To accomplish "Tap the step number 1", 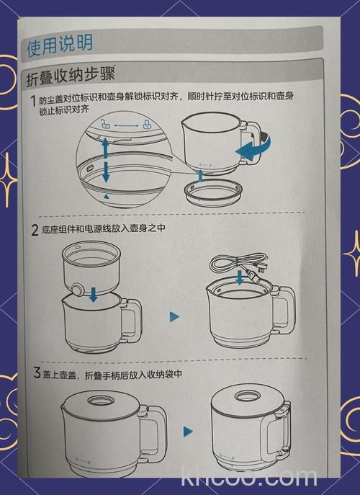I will pyautogui.click(x=33, y=100).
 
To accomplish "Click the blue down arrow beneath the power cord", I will pyautogui.click(x=239, y=282).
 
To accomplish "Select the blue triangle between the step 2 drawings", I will pyautogui.click(x=174, y=316).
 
